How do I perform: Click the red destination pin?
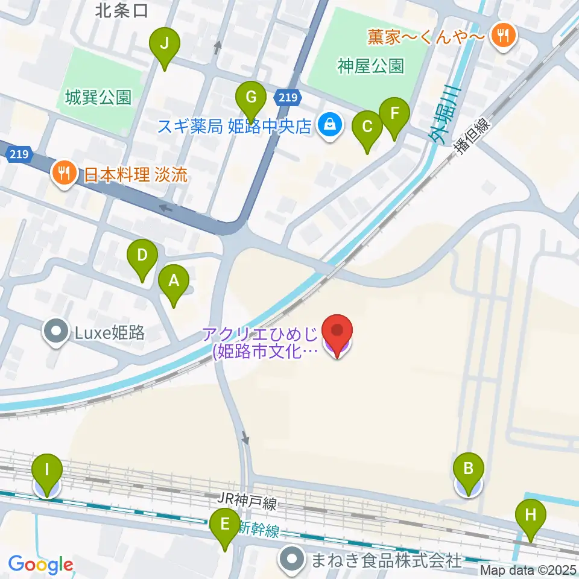[337, 332]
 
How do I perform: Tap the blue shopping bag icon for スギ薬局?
[329, 125]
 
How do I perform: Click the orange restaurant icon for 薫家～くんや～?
[501, 36]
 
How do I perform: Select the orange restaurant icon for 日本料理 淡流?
[63, 175]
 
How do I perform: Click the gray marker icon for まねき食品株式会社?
[293, 560]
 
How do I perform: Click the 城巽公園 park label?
[99, 97]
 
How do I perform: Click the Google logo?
[40, 565]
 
